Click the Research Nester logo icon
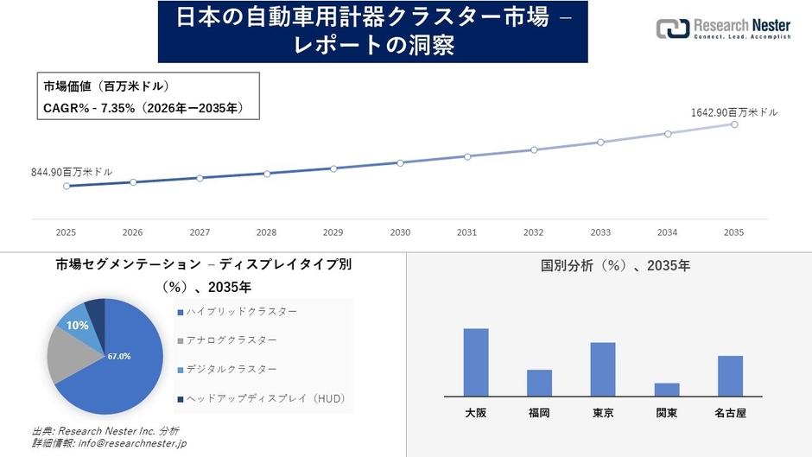pyautogui.click(x=673, y=29)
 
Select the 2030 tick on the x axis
pyautogui.click(x=400, y=232)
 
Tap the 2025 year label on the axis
pyautogui.click(x=66, y=232)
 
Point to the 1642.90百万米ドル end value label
pyautogui.click(x=733, y=112)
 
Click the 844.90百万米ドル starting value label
pyautogui.click(x=72, y=172)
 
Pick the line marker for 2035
pyautogui.click(x=734, y=124)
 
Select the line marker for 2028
pyautogui.click(x=267, y=174)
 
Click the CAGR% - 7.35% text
pyautogui.click(x=143, y=108)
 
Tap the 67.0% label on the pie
pyautogui.click(x=119, y=356)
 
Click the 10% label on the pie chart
pyautogui.click(x=78, y=326)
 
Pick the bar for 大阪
pyautogui.click(x=476, y=362)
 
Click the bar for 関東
pyautogui.click(x=667, y=390)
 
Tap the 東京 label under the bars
pyautogui.click(x=603, y=413)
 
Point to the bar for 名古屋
pyautogui.click(x=730, y=376)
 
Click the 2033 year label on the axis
pyautogui.click(x=600, y=232)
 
